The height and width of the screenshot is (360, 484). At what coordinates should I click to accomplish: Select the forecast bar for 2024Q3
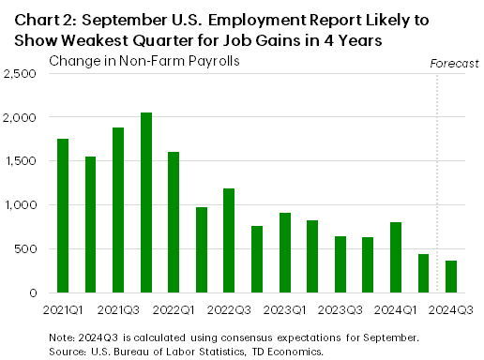[x=450, y=277]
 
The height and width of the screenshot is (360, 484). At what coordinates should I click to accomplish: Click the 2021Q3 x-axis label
[x=118, y=308]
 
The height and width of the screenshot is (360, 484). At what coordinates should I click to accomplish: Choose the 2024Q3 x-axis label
[x=450, y=308]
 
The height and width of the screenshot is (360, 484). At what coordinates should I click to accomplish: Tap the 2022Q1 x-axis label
[x=174, y=308]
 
